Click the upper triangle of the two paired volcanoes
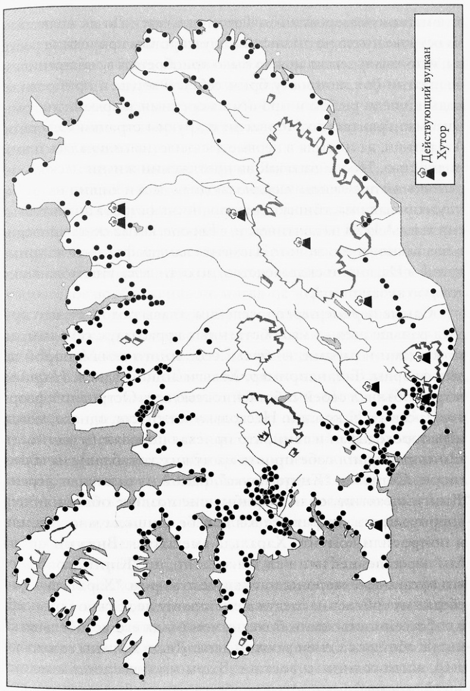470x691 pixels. click(x=121, y=208)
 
